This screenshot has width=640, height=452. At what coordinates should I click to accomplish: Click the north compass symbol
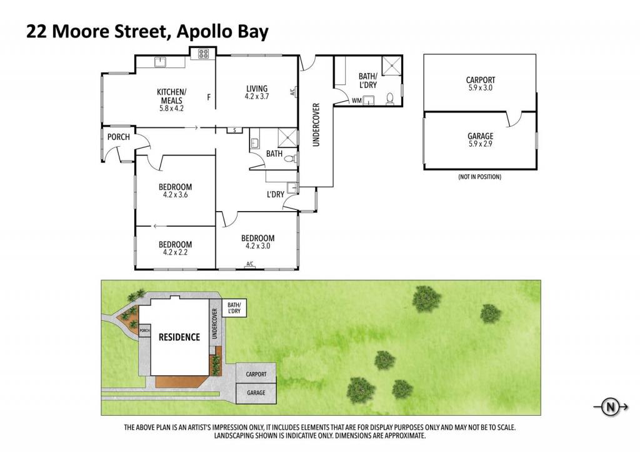[611, 407]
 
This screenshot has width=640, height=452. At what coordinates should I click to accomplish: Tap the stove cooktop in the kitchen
[203, 54]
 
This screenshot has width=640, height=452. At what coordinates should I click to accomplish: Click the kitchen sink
[160, 62]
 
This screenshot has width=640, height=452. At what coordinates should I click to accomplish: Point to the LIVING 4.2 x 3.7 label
[257, 92]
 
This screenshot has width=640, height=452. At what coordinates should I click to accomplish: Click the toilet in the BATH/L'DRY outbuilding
[390, 99]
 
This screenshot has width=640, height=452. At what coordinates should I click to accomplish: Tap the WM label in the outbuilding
[356, 101]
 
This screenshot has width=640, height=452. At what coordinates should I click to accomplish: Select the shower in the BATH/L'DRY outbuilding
[391, 66]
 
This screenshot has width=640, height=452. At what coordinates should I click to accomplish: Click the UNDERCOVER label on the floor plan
[316, 124]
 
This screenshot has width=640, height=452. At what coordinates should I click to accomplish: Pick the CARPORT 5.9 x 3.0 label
[481, 84]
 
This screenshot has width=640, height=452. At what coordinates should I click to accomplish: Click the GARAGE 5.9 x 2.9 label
[481, 140]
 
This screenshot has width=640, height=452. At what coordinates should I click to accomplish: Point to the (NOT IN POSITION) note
[479, 177]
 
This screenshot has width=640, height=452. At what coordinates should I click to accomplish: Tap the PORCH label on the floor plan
[118, 137]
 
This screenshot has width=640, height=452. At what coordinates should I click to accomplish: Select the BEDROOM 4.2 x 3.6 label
[175, 191]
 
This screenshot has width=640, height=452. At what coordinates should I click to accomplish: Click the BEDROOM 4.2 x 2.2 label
[175, 248]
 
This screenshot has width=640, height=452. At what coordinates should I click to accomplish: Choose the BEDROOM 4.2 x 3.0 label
[257, 242]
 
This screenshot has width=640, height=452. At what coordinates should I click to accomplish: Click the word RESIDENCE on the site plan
[179, 337]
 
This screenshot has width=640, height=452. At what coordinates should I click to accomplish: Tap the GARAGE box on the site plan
[256, 393]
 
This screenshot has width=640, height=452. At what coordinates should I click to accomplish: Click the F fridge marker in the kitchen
[209, 97]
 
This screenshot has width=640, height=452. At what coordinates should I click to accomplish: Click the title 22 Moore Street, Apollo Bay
[147, 31]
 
